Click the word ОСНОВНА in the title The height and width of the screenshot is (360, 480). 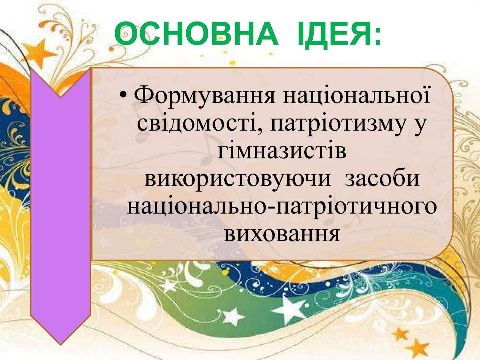pos(196,33)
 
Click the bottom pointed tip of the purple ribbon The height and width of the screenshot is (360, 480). pos(60,345)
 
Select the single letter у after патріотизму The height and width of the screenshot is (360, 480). pos(419,129)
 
